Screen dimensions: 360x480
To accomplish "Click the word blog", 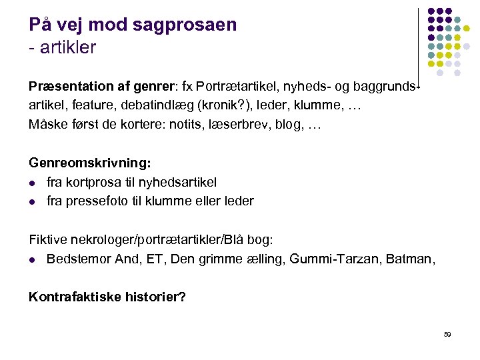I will (287, 124).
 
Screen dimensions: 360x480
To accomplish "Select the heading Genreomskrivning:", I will (90, 163).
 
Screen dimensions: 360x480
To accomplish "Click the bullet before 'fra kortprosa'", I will (33, 183).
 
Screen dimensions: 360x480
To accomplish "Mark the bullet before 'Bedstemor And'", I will (33, 259).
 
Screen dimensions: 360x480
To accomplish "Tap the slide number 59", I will (447, 335).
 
